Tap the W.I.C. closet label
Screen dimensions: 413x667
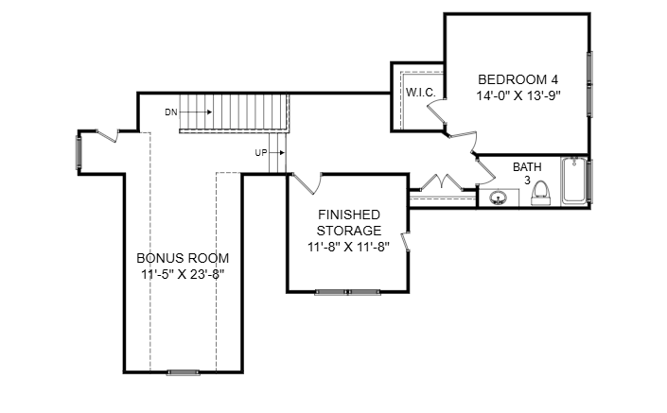click(x=420, y=93)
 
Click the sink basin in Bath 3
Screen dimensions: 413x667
click(x=499, y=198)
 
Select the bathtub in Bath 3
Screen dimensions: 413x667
click(x=573, y=181)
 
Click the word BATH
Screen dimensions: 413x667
click(x=527, y=167)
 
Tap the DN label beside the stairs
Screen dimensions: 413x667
click(x=171, y=112)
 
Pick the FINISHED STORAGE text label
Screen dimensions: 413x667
click(x=349, y=222)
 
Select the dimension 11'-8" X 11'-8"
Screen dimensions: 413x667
click(x=349, y=247)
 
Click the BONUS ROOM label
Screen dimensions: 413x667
click(x=183, y=258)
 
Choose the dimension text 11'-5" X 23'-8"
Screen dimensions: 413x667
click(x=183, y=274)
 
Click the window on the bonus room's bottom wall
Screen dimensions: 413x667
click(x=183, y=371)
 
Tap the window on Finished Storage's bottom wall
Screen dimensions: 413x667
click(x=347, y=292)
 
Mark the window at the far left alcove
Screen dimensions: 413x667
click(x=79, y=151)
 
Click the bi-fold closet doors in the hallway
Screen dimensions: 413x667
click(x=440, y=183)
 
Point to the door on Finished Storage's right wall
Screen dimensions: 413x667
click(x=407, y=244)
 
